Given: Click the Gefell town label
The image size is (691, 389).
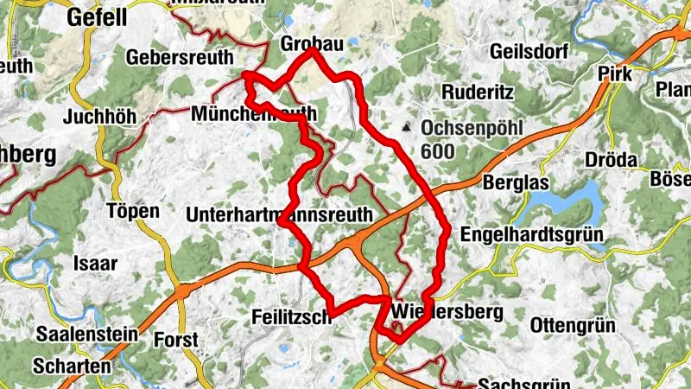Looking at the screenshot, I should tap(98, 16).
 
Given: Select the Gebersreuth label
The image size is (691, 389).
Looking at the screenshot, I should tap(180, 57).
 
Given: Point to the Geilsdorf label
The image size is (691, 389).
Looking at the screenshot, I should tap(526, 51).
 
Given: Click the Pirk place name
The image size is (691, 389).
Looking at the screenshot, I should tap(614, 74).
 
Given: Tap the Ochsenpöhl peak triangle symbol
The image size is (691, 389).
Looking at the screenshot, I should tap(406, 128).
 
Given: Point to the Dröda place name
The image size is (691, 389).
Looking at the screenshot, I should tap(611, 161).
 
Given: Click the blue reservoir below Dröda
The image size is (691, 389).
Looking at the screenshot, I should tap(570, 203).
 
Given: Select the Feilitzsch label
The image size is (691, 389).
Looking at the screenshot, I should tap(293, 317).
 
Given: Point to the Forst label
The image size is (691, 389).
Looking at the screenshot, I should tap(175, 340).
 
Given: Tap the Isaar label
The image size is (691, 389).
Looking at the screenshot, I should tap(96, 264).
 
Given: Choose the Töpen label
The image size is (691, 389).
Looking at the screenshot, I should tap(132, 211).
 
